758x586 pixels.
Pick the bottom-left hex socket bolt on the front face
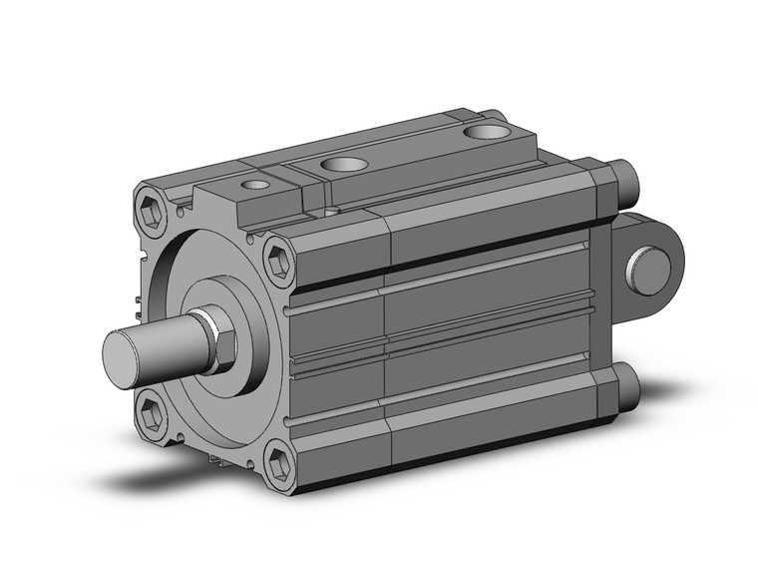point(151,411)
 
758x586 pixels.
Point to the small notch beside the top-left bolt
point(182,211)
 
